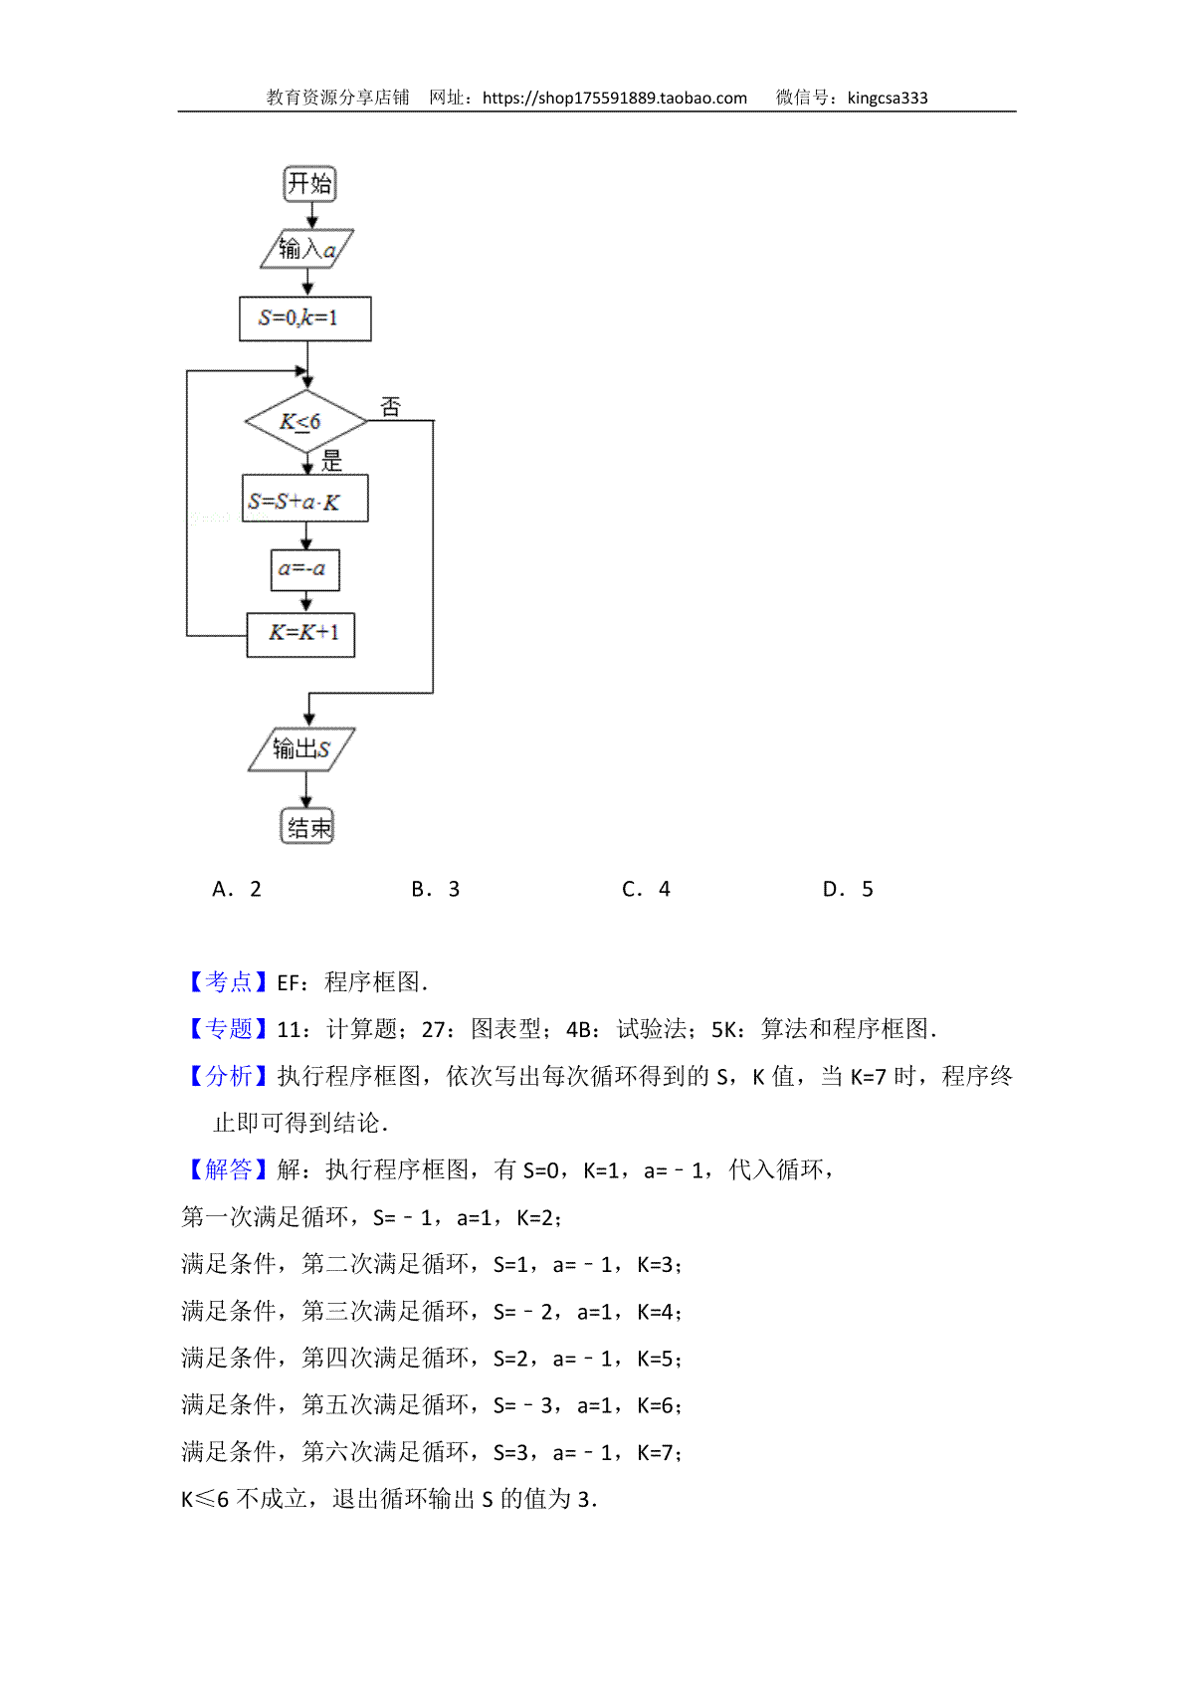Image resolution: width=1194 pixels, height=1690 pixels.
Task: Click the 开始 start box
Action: tap(309, 183)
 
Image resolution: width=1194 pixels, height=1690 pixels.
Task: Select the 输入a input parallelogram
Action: tap(307, 248)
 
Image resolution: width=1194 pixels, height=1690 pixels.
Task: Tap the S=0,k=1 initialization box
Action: tap(305, 318)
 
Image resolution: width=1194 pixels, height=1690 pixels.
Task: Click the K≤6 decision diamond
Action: tap(306, 421)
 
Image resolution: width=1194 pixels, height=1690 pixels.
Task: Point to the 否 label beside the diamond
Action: tap(391, 407)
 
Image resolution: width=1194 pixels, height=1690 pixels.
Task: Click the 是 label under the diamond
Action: tap(332, 460)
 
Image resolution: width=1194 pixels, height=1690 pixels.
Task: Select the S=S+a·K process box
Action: tap(305, 498)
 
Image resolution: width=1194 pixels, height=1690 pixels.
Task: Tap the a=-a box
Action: tap(305, 569)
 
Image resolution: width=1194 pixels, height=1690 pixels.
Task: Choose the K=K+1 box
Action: tap(300, 635)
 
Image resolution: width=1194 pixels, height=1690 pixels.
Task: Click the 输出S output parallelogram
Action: tap(301, 749)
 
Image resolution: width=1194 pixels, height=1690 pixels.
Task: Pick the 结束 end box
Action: tap(307, 826)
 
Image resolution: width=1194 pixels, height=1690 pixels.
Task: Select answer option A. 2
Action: tap(237, 889)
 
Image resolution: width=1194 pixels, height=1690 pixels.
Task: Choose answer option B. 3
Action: tap(435, 889)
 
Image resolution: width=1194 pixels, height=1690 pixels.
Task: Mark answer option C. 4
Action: tap(646, 889)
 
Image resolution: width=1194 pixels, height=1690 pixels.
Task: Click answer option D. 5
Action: tap(848, 889)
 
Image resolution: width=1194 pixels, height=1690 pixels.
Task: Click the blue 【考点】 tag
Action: tap(228, 981)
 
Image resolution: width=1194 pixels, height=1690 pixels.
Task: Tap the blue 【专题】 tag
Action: tap(228, 1028)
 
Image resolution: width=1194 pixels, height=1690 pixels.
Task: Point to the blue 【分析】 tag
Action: tap(228, 1076)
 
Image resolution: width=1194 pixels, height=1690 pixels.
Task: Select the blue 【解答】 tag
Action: tap(228, 1169)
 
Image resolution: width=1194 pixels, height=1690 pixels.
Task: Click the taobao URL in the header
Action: tap(615, 99)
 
